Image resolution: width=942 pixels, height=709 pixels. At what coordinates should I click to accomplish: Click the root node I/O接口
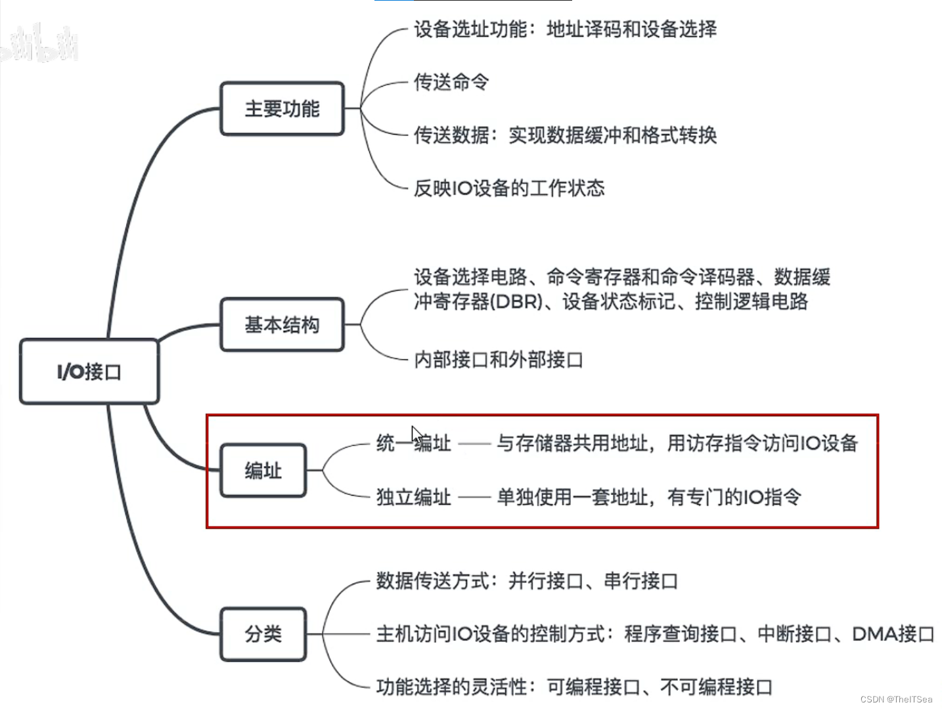89,372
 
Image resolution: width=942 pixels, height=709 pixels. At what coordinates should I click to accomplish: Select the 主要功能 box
282,109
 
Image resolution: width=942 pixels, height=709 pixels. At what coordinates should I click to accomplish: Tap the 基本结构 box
282,325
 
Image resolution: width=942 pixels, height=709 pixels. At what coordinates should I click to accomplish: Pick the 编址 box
263,471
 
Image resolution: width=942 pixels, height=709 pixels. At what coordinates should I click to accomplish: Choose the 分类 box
263,634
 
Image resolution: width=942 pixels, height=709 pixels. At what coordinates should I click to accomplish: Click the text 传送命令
451,82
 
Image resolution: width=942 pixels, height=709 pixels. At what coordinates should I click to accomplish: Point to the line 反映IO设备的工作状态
509,188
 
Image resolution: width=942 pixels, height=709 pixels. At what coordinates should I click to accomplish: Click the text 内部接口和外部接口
499,360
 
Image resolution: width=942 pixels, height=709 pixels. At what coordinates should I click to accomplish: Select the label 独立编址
413,497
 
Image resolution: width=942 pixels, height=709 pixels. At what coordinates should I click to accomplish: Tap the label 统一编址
413,444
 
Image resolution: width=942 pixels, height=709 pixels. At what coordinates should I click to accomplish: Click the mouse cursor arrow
416,435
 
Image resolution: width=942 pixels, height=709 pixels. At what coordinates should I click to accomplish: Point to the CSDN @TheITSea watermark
896,699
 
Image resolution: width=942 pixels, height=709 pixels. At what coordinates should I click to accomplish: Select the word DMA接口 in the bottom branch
893,634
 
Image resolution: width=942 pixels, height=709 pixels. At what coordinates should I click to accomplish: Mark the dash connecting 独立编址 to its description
474,498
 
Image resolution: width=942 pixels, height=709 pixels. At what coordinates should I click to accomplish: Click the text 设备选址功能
470,30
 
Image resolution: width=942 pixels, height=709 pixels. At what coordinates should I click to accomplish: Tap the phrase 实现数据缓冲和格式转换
612,135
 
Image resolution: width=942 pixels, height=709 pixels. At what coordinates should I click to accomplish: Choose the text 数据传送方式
432,581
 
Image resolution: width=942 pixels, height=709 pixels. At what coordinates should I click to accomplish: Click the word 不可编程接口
716,687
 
